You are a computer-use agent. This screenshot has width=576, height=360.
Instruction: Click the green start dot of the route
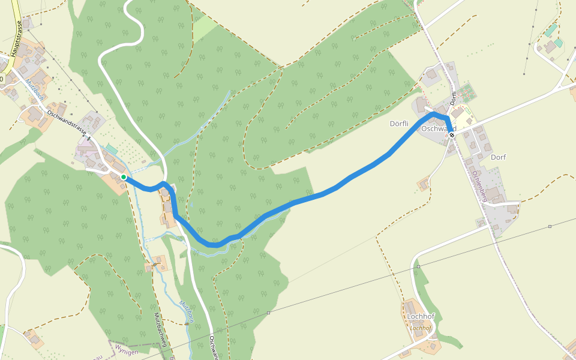[x=124, y=177]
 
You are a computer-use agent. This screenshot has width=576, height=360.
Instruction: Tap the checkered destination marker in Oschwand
[x=452, y=136]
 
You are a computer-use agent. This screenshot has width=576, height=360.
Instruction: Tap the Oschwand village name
[x=439, y=129]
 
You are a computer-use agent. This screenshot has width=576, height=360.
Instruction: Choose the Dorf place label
[x=498, y=157]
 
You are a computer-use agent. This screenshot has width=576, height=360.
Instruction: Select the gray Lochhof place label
[x=420, y=316]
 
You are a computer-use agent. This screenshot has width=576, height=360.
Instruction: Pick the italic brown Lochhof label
[x=420, y=328]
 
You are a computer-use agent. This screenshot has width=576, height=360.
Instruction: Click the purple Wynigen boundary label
[x=127, y=352]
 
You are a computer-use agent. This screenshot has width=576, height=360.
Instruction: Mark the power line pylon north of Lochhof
[x=418, y=266]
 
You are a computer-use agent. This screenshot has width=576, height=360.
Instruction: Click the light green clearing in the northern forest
[x=203, y=27]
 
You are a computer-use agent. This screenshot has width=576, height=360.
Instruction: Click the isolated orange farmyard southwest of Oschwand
[x=424, y=184]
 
